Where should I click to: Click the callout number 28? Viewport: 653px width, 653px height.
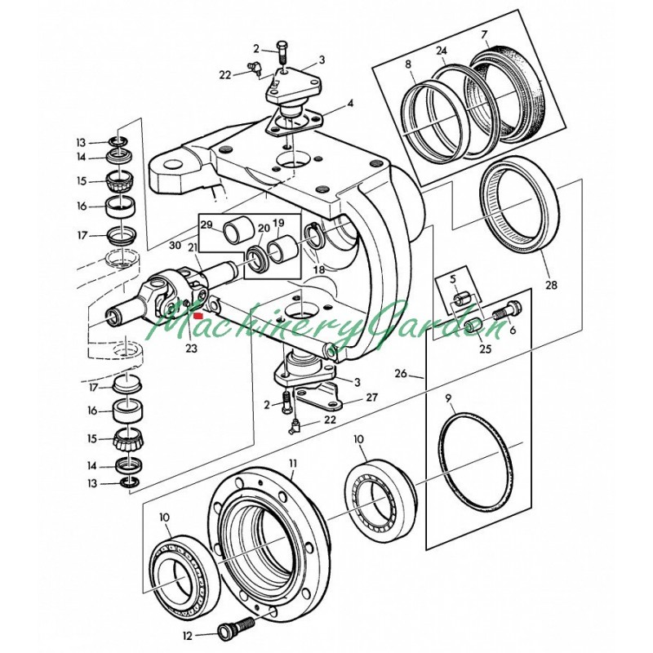pyautogui.click(x=552, y=286)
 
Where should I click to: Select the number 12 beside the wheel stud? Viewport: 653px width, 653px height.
pyautogui.click(x=187, y=633)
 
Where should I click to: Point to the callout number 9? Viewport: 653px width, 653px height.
pyautogui.click(x=449, y=398)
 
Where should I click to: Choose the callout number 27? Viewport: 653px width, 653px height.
pyautogui.click(x=371, y=398)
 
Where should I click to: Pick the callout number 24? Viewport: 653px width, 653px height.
pyautogui.click(x=442, y=51)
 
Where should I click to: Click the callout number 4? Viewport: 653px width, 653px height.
pyautogui.click(x=350, y=104)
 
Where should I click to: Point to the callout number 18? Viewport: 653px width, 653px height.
pyautogui.click(x=318, y=269)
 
